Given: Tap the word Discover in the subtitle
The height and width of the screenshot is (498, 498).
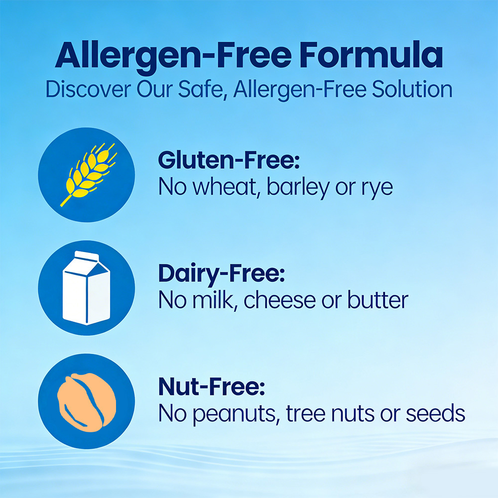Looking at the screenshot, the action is [88, 89].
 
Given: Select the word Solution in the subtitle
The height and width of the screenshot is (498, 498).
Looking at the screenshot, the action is [412, 89].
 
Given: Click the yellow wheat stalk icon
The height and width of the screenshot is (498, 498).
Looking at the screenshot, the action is [89, 174].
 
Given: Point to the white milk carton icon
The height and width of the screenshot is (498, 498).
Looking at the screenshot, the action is [86, 288].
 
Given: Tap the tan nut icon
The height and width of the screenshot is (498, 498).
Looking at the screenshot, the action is [86, 402].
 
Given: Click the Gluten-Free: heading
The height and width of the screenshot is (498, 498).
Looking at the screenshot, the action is [229, 160].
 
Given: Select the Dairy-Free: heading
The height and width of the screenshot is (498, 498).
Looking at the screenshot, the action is [222, 274].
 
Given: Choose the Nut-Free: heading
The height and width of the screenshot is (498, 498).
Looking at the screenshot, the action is [212, 386].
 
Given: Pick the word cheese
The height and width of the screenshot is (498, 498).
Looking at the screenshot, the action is [279, 300].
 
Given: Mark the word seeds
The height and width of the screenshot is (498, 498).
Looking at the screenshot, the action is [435, 413].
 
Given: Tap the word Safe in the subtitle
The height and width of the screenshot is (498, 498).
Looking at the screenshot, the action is [201, 89].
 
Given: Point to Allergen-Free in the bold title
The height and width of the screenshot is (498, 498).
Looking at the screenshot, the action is [173, 56].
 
